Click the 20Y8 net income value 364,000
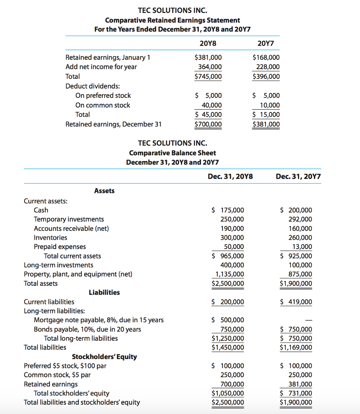pyautogui.click(x=209, y=67)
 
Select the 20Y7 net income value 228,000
pyautogui.click(x=267, y=67)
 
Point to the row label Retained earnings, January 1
pyautogui.click(x=108, y=57)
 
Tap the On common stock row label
pyautogui.click(x=103, y=105)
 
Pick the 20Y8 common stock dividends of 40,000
pyautogui.click(x=211, y=105)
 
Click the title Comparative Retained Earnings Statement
pyautogui.click(x=173, y=20)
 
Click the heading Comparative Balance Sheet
pyautogui.click(x=173, y=153)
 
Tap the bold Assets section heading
pyautogui.click(x=104, y=190)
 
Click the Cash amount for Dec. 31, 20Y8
pyautogui.click(x=228, y=210)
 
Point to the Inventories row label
pyautogui.click(x=51, y=238)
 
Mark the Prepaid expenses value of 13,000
pyautogui.click(x=301, y=247)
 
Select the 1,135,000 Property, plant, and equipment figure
pyautogui.click(x=229, y=274)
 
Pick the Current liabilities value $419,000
pyautogui.click(x=296, y=302)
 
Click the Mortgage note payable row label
pyautogui.click(x=99, y=320)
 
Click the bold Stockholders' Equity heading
pyautogui.click(x=104, y=357)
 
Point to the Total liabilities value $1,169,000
pyautogui.click(x=296, y=347)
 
